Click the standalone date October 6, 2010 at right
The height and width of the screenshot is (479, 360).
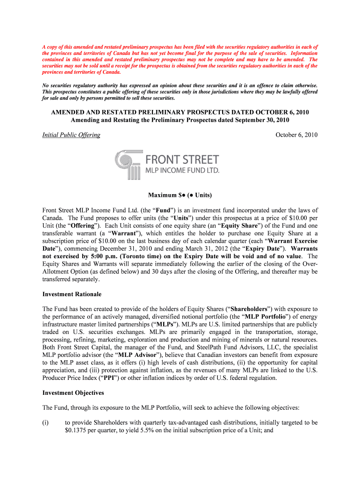pyautogui.click(x=296, y=135)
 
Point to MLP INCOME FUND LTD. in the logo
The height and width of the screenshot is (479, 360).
pyautogui.click(x=182, y=171)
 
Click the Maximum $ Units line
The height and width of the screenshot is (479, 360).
pyautogui.click(x=180, y=195)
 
